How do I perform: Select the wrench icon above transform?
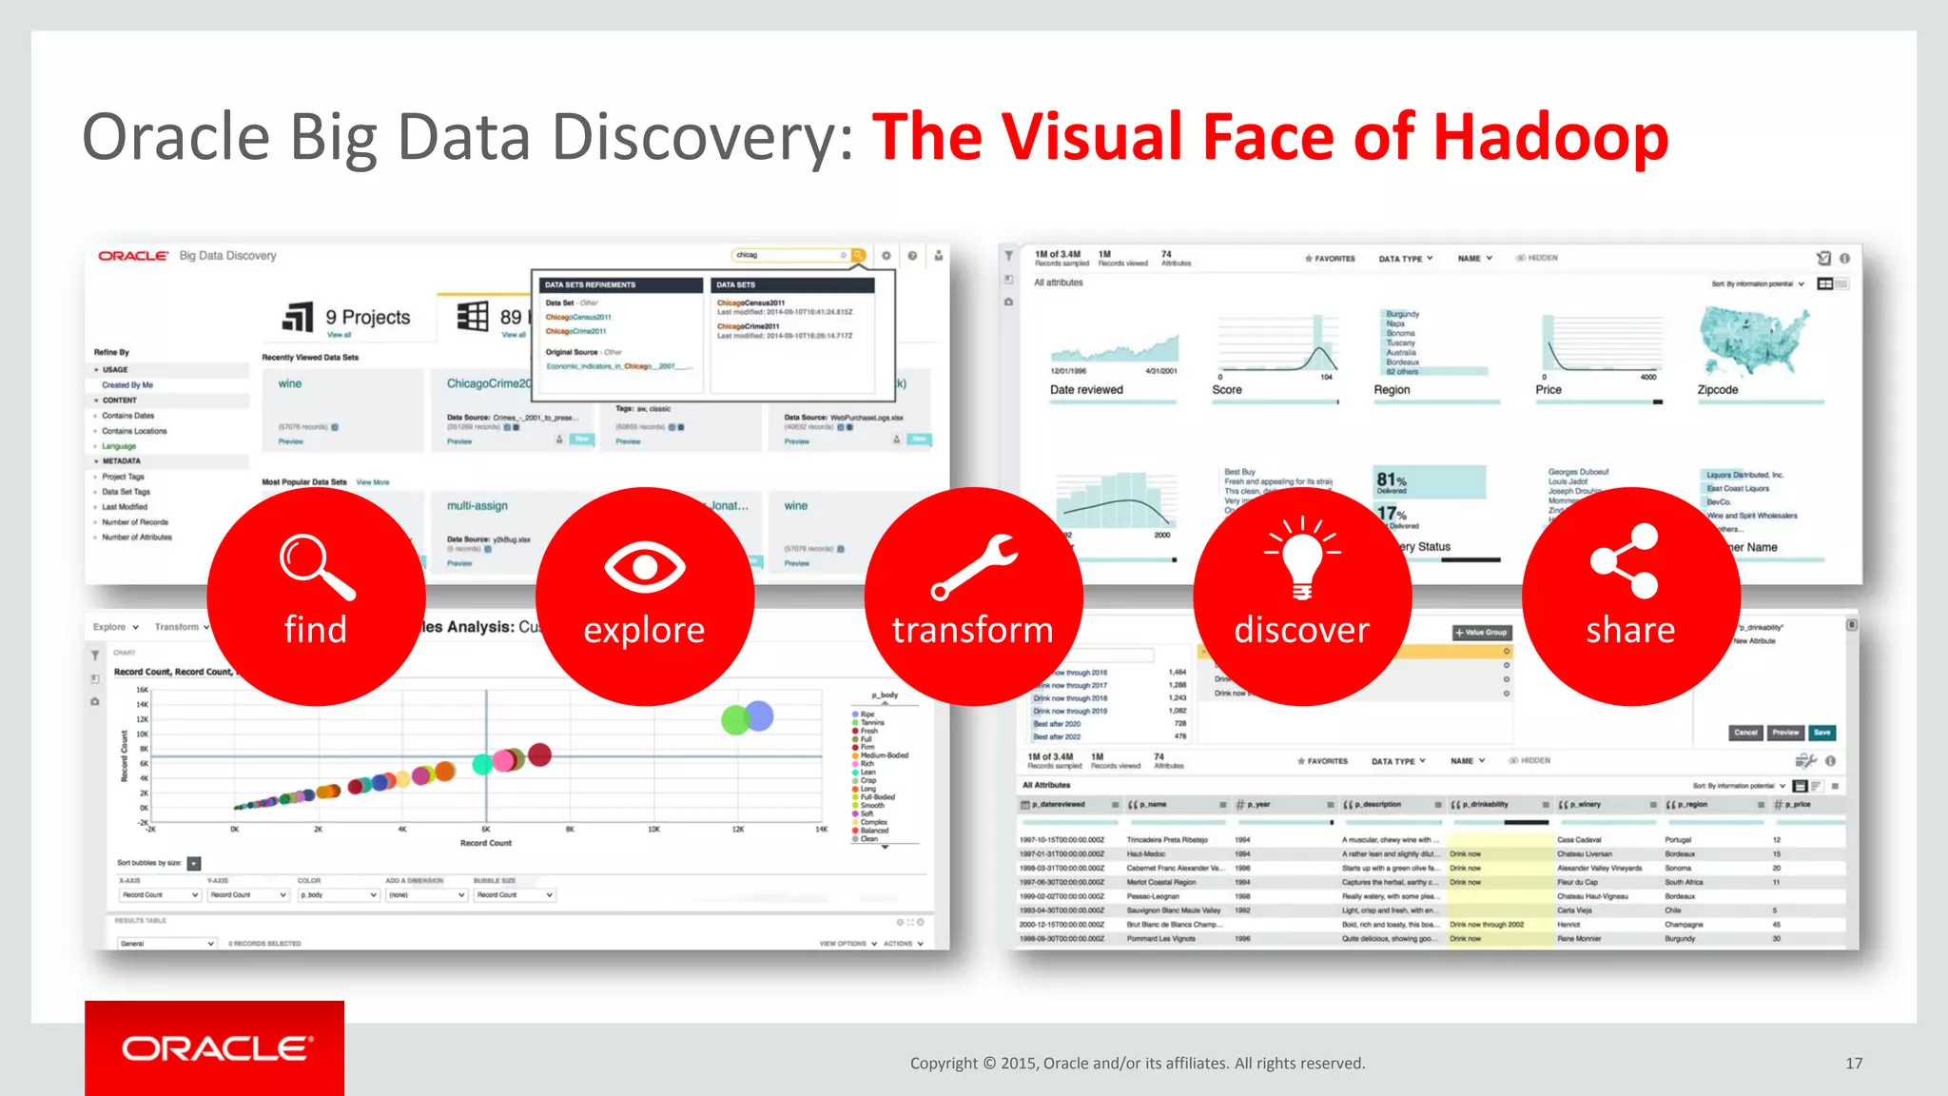973,567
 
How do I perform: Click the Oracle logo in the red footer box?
216,1048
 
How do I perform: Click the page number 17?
1854,1064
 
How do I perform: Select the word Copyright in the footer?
944,1064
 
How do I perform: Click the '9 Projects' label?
368,317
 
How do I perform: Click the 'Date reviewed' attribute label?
1086,390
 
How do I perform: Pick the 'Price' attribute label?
1549,390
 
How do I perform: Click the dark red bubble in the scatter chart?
539,754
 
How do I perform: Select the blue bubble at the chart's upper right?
759,715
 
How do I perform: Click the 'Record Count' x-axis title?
486,843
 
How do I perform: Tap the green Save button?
1821,733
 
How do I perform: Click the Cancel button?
1745,733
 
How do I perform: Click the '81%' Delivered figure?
1391,480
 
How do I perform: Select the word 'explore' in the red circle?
644,630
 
